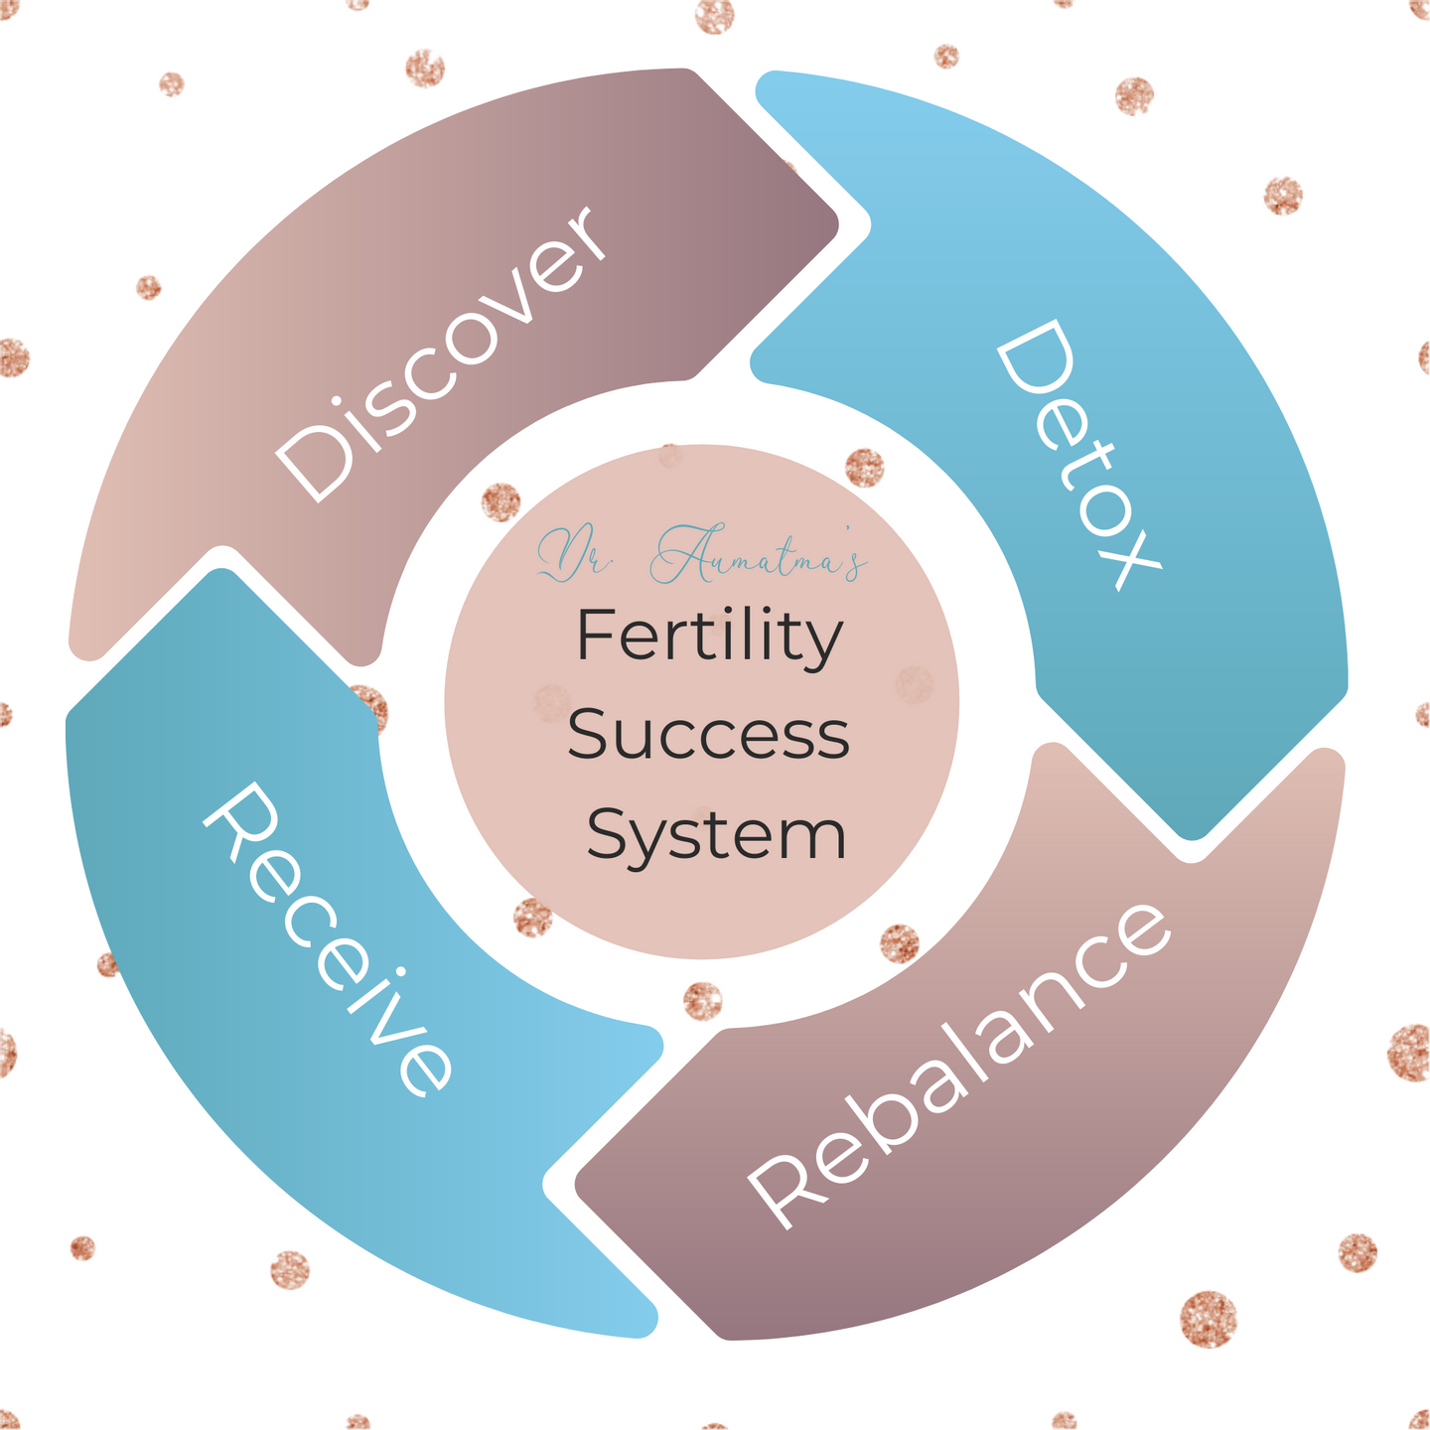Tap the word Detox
coord(1077,457)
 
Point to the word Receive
coord(328,938)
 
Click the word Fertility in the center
coord(709,638)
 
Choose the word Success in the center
coord(708,736)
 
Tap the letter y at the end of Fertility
coord(823,645)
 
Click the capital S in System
coord(607,834)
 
